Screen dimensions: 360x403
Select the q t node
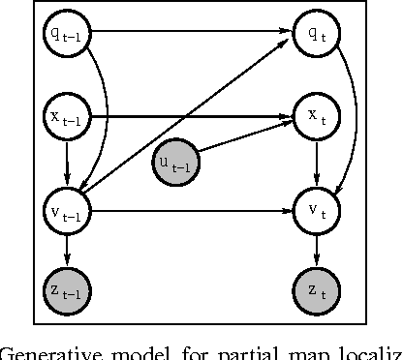click(x=315, y=34)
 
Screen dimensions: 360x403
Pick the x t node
click(x=315, y=118)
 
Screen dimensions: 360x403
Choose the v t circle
click(x=315, y=209)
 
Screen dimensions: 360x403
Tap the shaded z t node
click(x=315, y=289)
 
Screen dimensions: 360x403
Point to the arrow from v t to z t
click(x=315, y=250)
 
